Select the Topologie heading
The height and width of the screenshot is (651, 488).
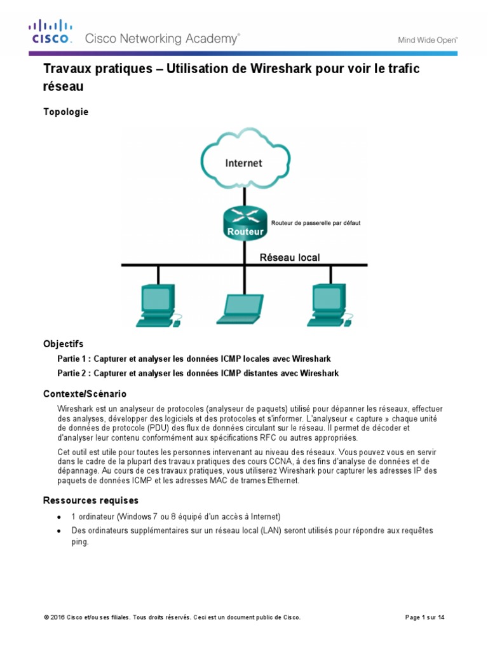click(65, 112)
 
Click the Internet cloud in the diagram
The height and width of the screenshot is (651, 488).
click(243, 163)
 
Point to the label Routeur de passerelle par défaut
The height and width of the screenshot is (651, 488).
click(316, 223)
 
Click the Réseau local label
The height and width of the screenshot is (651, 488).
click(290, 257)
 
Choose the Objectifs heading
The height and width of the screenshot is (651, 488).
click(63, 344)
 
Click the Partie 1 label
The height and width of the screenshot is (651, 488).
click(75, 359)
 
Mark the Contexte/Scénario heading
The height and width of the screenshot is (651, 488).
click(85, 394)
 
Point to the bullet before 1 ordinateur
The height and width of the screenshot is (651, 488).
click(58, 516)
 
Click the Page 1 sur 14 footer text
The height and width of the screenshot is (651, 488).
click(424, 617)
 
